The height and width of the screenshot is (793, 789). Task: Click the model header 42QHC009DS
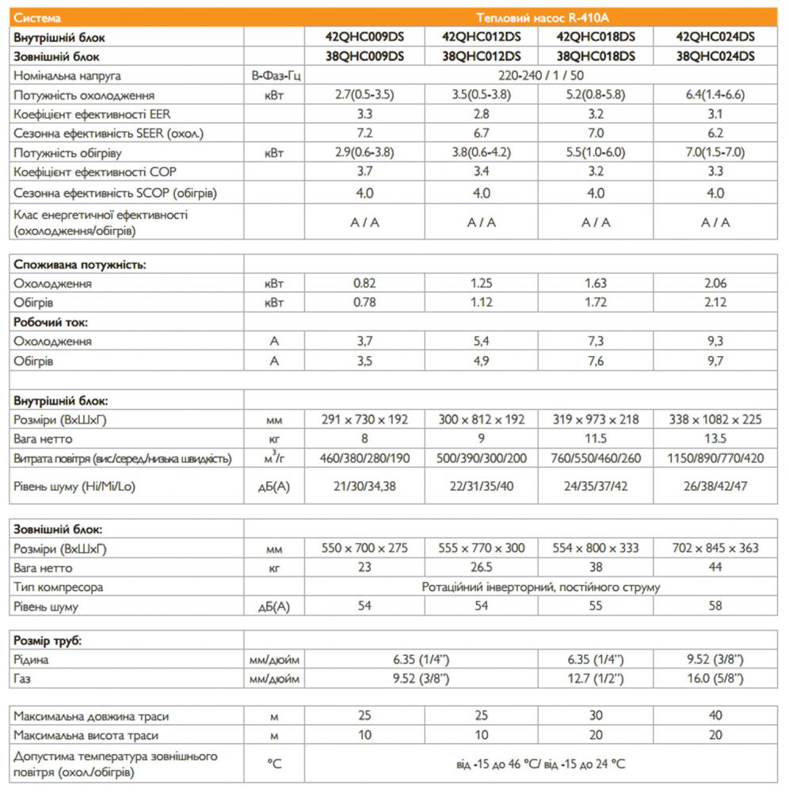364,36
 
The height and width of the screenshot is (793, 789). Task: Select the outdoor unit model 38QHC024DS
716,56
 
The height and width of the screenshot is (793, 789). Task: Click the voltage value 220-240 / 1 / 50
541,75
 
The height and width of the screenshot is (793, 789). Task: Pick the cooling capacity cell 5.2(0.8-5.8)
596,95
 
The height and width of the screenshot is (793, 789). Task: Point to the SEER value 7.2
364,134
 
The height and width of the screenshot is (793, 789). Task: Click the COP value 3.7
364,173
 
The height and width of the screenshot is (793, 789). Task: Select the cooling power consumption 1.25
481,283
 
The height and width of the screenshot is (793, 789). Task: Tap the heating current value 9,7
716,361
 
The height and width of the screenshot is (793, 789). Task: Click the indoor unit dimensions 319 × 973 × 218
596,419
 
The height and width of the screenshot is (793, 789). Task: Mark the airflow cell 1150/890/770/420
716,458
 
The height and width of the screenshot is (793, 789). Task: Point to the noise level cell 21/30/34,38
364,486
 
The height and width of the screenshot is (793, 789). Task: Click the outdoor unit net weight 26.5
481,568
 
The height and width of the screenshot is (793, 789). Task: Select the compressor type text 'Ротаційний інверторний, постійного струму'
541,588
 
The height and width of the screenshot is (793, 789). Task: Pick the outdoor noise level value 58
716,607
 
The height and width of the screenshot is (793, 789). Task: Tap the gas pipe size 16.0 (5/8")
716,679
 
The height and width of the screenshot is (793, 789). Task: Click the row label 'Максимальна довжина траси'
91,716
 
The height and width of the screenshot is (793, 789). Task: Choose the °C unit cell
274,763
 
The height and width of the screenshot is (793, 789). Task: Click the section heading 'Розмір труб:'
48,641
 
